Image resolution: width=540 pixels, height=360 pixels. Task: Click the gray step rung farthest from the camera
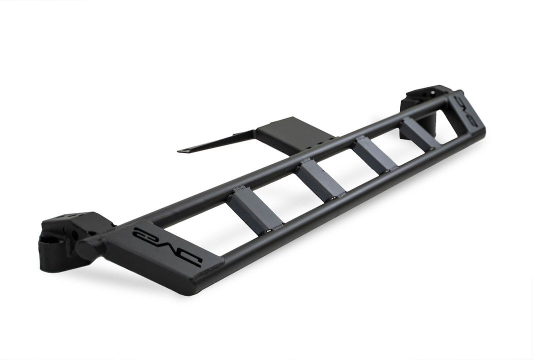point(420,132)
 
